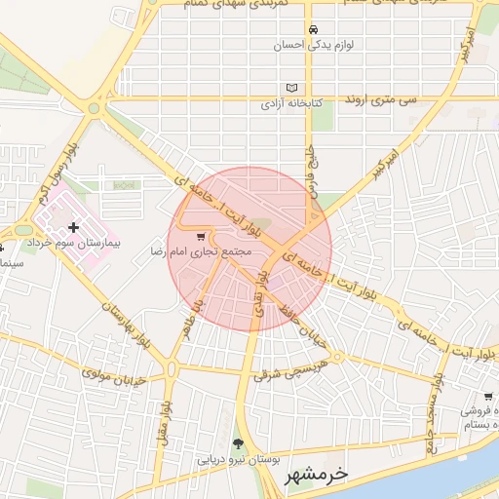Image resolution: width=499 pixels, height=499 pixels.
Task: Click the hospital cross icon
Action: click(x=74, y=227)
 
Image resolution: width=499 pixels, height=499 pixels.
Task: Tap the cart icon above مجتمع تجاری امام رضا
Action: click(x=201, y=237)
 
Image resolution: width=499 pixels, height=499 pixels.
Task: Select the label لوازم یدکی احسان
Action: click(x=312, y=45)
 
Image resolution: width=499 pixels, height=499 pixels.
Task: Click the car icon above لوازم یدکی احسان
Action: click(x=312, y=29)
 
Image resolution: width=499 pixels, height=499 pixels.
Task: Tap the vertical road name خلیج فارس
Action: click(x=314, y=172)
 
